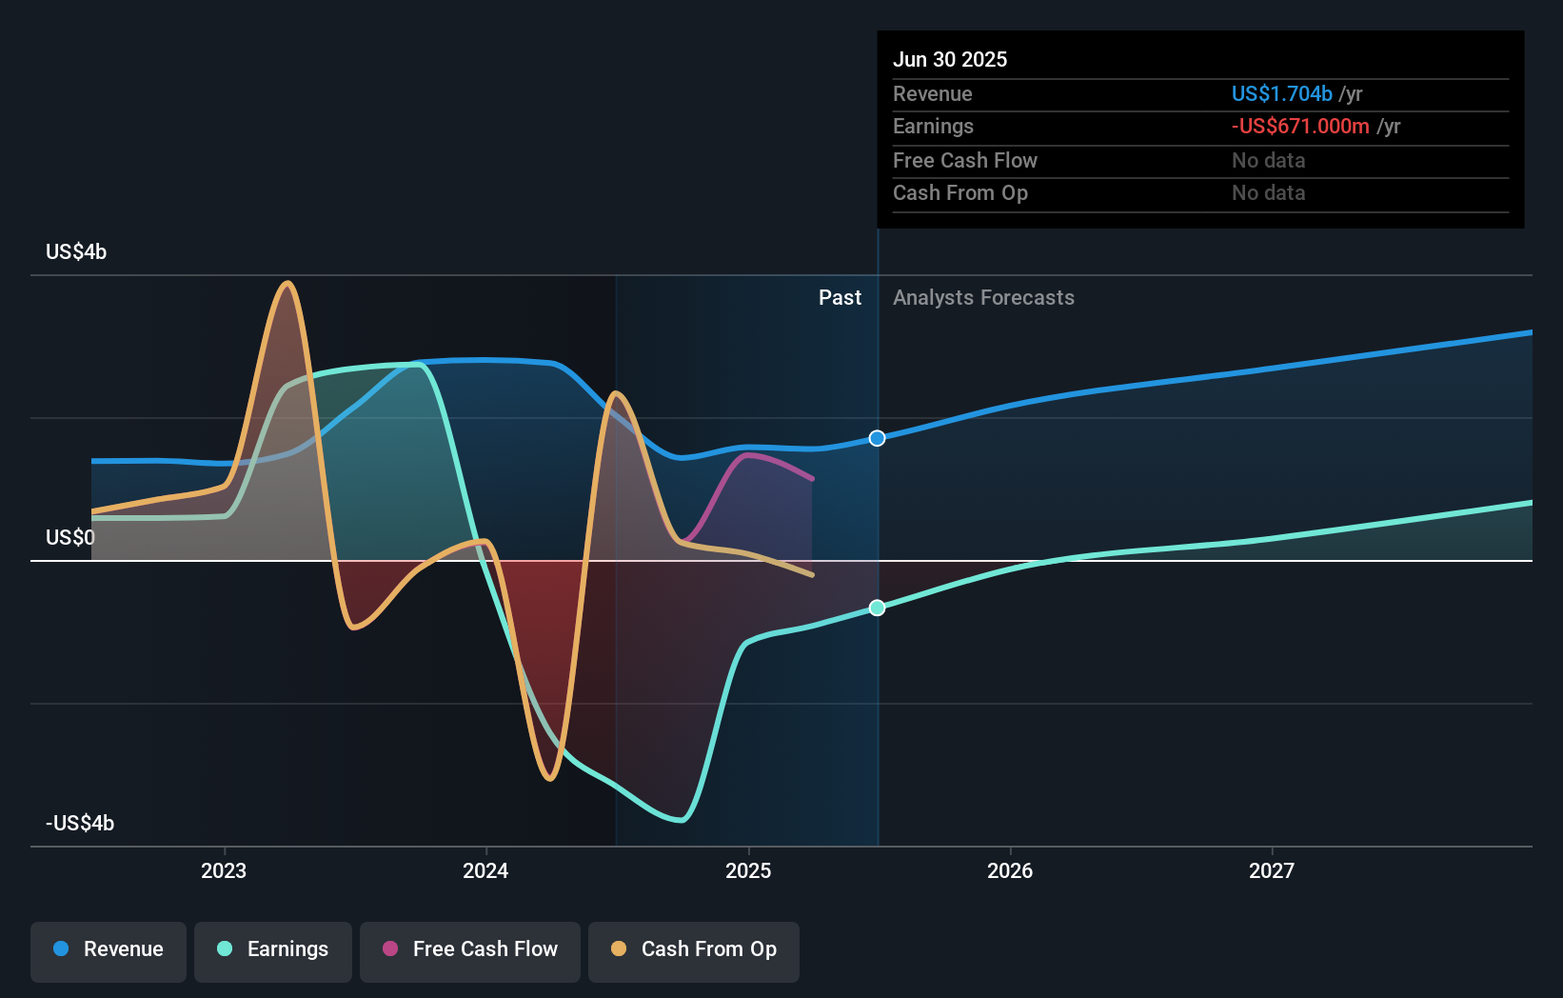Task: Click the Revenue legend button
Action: click(109, 952)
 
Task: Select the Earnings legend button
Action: click(273, 952)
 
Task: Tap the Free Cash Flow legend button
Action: click(469, 952)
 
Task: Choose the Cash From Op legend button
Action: click(694, 952)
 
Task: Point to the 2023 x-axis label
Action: click(224, 870)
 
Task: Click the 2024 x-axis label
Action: click(485, 870)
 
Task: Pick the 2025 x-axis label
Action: click(748, 870)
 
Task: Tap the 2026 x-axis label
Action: click(1010, 870)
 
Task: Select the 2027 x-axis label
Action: click(1272, 870)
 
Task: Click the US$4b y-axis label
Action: click(76, 251)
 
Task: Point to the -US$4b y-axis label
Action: click(80, 823)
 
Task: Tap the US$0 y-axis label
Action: click(69, 537)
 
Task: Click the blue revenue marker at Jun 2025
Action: click(877, 438)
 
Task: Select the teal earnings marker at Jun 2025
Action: click(877, 608)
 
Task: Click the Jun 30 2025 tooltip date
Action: click(950, 59)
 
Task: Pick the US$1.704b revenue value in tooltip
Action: click(1282, 93)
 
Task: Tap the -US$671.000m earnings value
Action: click(1300, 127)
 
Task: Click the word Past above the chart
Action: click(841, 297)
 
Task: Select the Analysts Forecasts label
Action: click(984, 298)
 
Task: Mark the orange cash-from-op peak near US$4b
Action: click(287, 283)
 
